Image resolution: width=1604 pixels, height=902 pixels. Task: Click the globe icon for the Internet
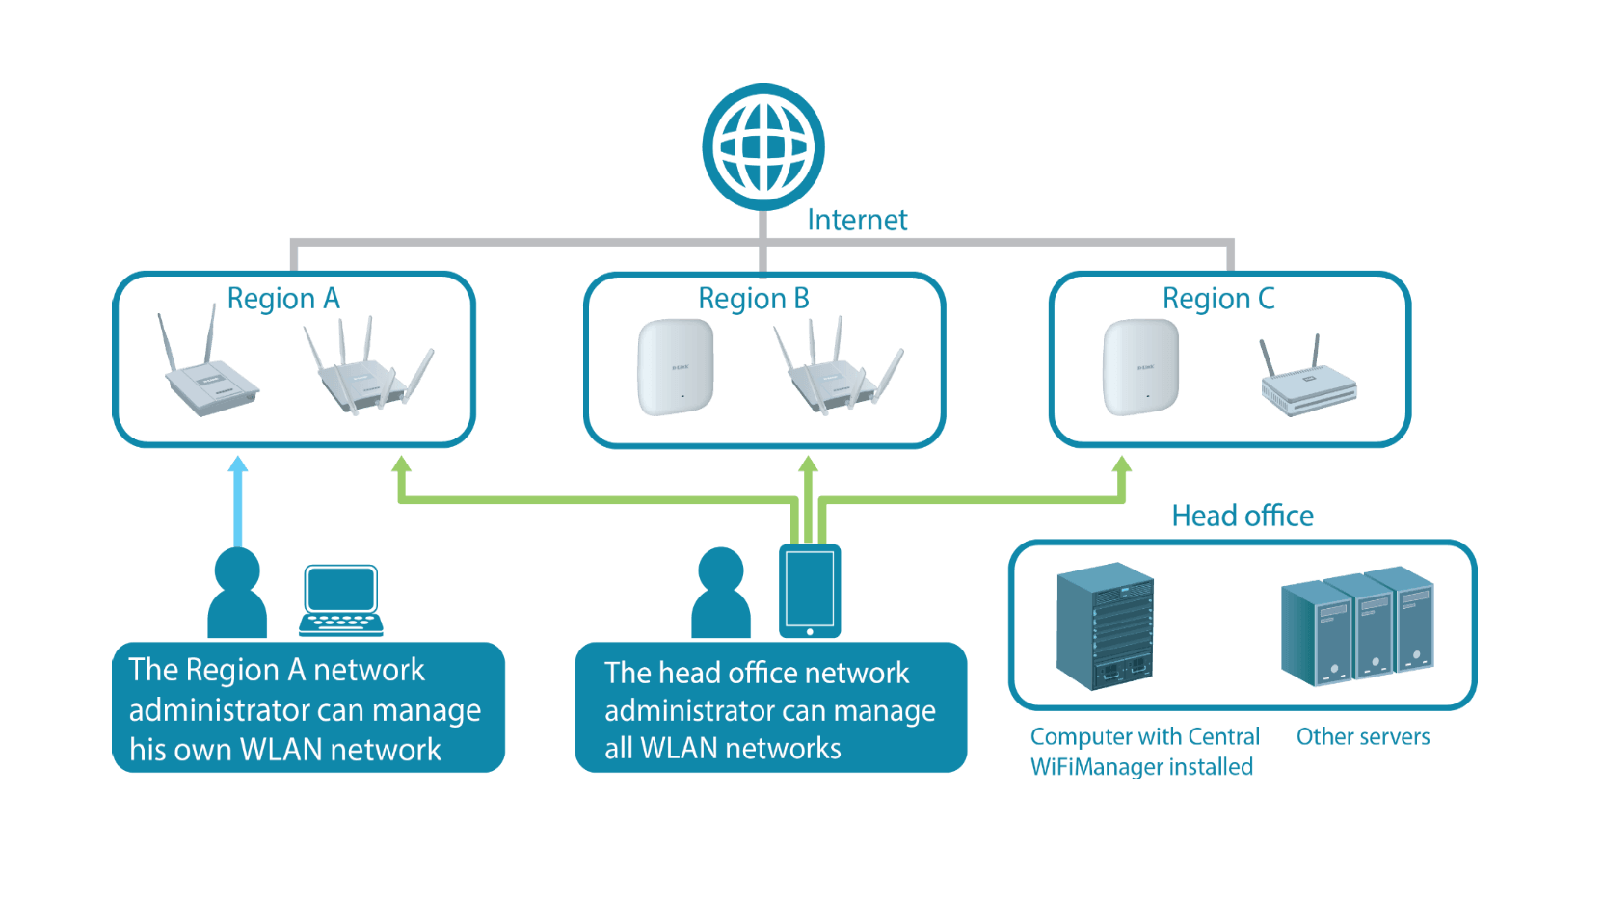(763, 147)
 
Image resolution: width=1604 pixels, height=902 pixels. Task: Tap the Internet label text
(857, 221)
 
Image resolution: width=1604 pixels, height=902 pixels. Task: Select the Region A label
(283, 299)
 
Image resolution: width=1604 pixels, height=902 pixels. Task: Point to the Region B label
(754, 299)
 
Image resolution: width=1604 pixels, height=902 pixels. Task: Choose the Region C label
(1218, 299)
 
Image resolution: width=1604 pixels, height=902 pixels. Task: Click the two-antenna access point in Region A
(207, 371)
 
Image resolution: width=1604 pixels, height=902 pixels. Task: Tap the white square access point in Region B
(675, 368)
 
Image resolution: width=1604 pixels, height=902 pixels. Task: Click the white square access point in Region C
(1140, 368)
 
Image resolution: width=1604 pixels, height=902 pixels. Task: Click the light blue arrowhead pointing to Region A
(238, 464)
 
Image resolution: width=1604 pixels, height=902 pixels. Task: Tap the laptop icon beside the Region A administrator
(340, 600)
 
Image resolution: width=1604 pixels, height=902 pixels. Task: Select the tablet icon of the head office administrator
(810, 591)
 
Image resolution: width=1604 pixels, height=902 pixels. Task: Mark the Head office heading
(1242, 517)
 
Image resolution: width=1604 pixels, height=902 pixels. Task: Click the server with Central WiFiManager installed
(1105, 626)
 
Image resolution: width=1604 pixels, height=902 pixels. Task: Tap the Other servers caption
(1362, 737)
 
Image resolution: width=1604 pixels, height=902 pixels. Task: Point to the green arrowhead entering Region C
(1122, 464)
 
